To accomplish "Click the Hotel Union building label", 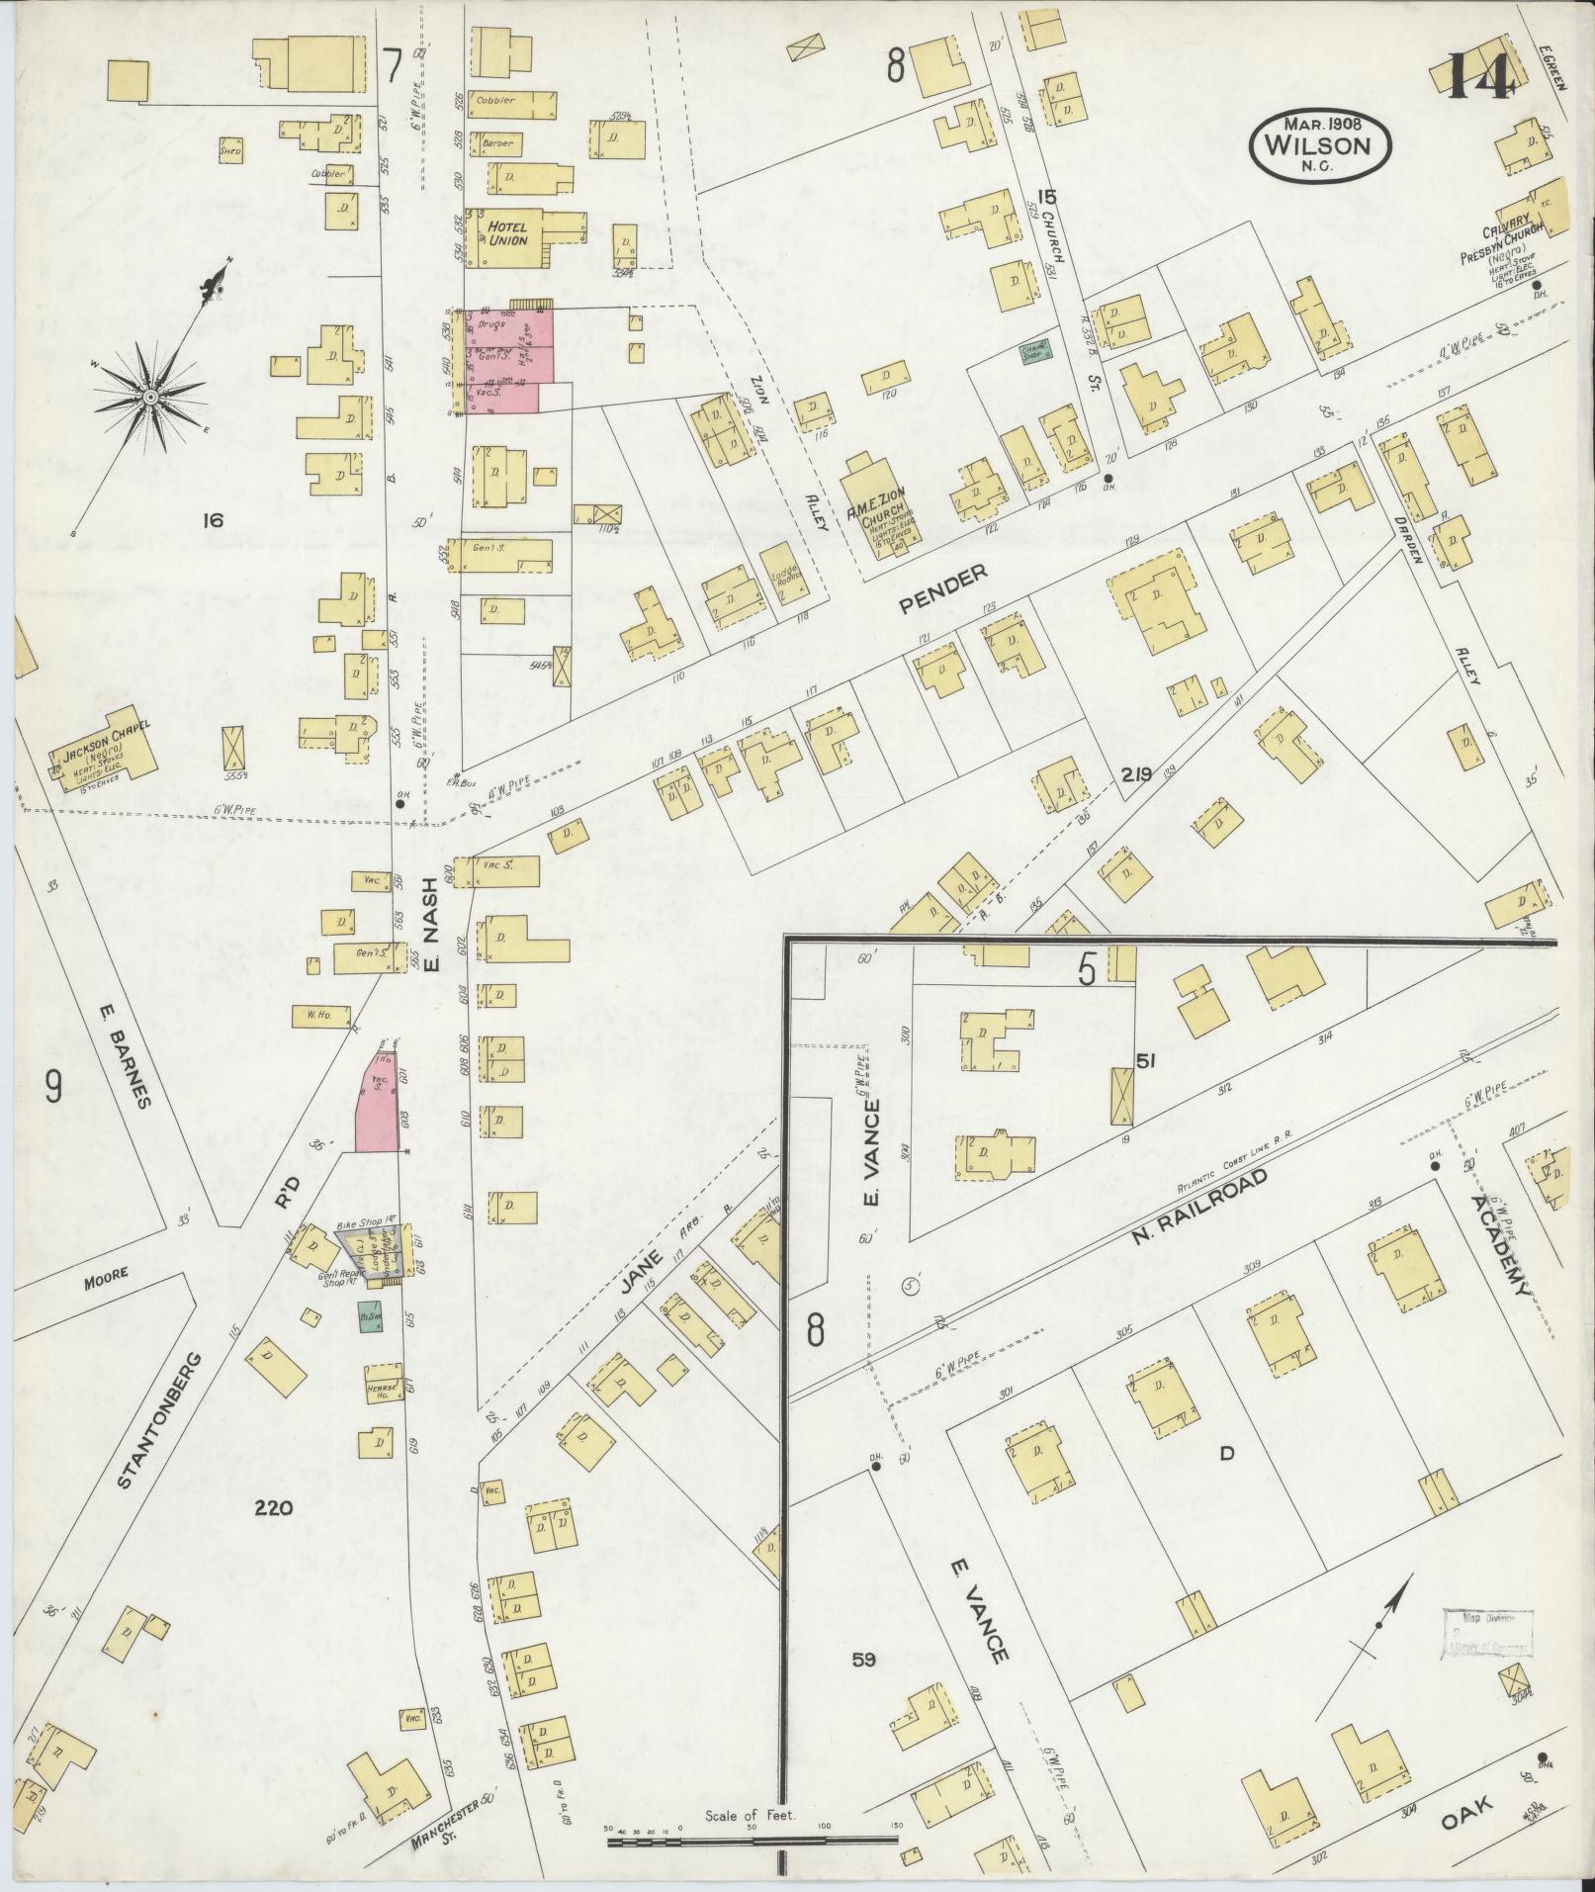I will (504, 232).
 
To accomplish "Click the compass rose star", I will (149, 397).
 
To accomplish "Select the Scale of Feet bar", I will (752, 1843).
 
